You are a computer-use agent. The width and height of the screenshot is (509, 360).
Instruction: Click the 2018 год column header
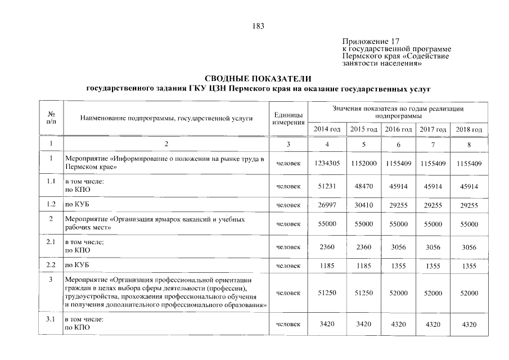469,129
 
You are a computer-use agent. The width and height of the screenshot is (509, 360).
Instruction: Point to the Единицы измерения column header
289,119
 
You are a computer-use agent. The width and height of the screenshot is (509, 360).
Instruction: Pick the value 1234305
327,163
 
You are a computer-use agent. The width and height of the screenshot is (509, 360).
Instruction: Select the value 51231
327,186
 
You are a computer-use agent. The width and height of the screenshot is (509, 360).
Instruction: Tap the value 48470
363,186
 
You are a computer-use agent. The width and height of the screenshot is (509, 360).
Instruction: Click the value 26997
327,206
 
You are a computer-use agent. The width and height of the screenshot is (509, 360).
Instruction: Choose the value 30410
363,206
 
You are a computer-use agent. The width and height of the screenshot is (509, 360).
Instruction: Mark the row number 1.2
51,206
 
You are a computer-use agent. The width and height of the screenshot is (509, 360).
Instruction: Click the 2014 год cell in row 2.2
327,266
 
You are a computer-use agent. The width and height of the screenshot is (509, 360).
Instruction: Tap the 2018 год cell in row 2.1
469,246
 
